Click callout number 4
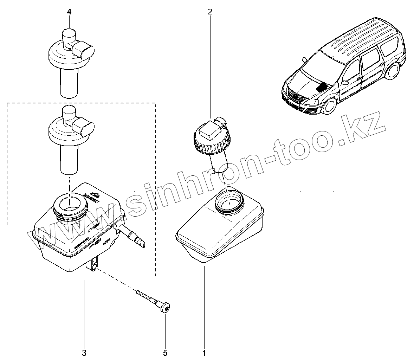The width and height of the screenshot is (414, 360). click(69, 12)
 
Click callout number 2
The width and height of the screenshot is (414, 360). click(210, 12)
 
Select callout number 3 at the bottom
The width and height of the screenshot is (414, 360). click(84, 352)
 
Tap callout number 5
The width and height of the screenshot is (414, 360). click(165, 352)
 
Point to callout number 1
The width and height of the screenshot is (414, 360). click(204, 352)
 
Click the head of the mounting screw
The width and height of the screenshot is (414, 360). click(164, 308)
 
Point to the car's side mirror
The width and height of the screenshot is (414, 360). click(345, 83)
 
